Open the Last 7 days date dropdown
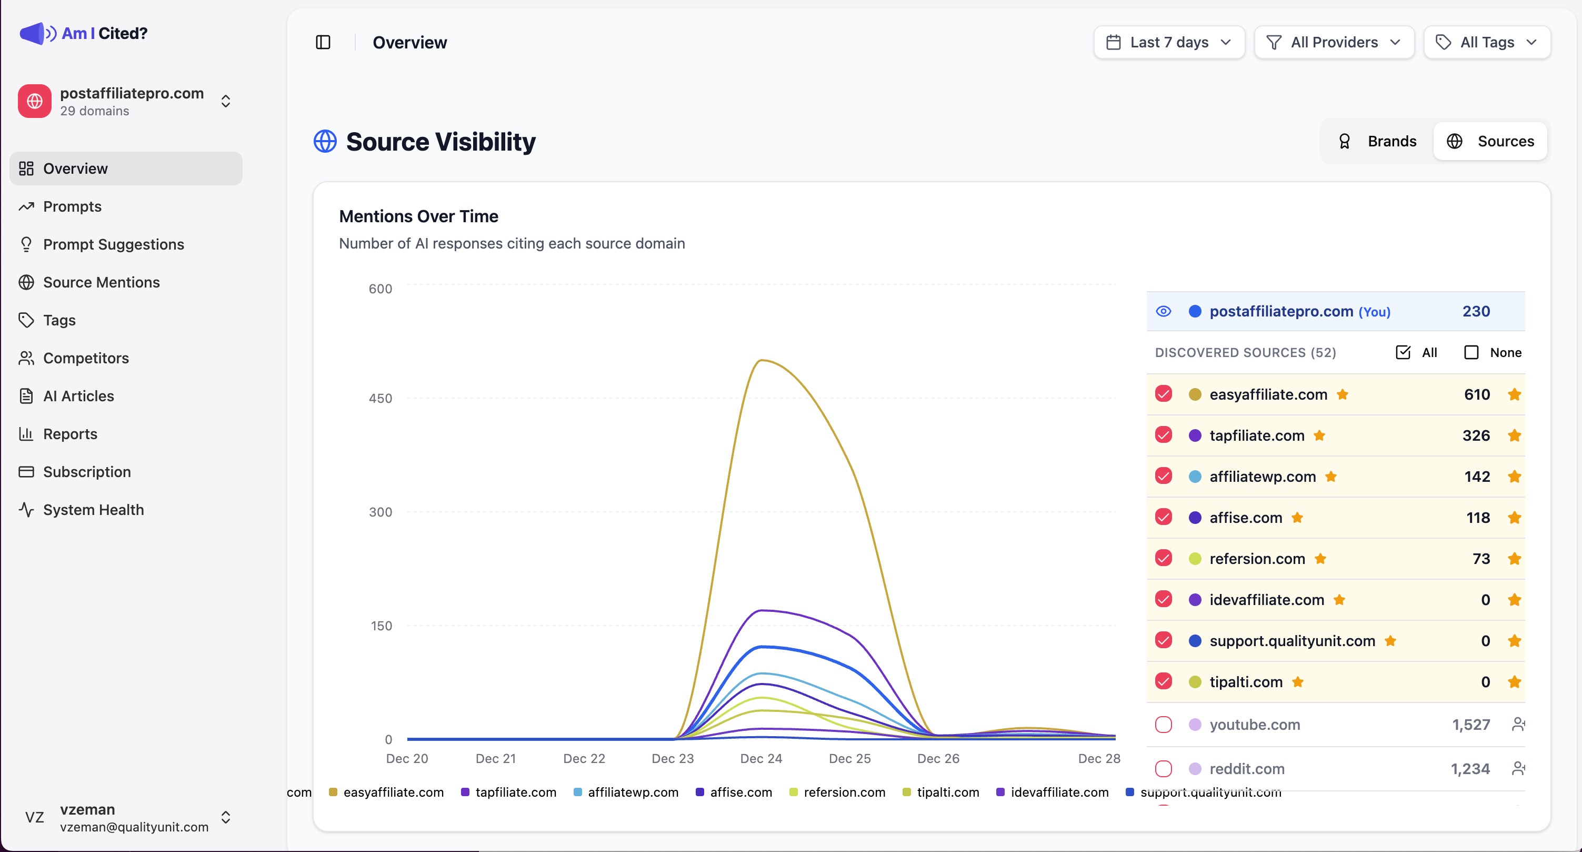pos(1169,42)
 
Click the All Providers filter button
pos(1334,42)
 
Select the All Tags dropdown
pos(1487,42)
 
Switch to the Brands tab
pos(1377,141)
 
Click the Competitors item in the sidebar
pos(86,358)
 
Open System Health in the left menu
pos(93,510)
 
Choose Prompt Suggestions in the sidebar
pos(114,244)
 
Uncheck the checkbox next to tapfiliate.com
pos(1163,435)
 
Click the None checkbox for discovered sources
pos(1471,353)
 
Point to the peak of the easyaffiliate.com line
pos(762,361)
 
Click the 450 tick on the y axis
pos(380,398)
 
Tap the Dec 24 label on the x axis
pos(761,759)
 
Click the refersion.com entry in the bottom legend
pos(844,792)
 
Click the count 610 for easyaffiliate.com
pos(1476,394)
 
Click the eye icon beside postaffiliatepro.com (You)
pos(1163,311)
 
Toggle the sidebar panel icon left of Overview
pos(323,42)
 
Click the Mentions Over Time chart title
pos(418,216)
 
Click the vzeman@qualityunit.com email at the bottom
pos(134,827)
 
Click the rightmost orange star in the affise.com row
pos(1515,517)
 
